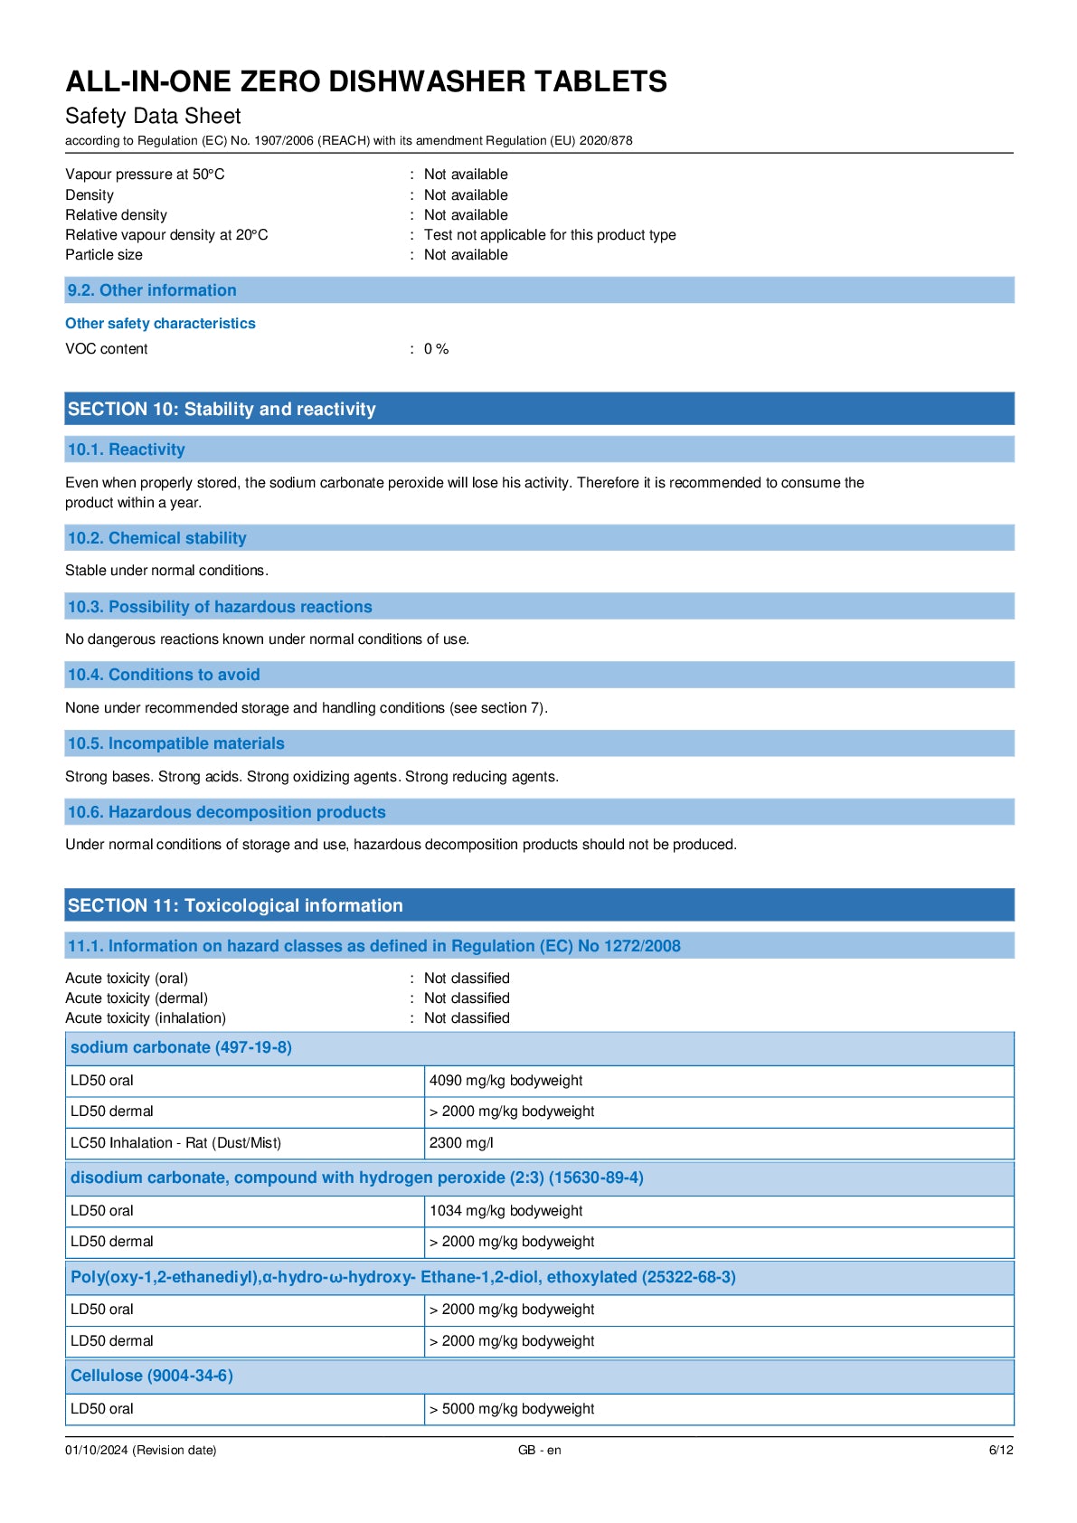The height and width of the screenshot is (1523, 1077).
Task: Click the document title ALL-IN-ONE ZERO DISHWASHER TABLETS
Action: click(365, 81)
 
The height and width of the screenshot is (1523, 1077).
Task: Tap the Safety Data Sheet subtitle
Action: click(153, 116)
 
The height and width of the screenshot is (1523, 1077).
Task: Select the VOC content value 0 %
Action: click(436, 349)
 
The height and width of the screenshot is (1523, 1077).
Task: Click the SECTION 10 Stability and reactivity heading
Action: click(222, 409)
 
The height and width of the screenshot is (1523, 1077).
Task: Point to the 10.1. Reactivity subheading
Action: click(126, 449)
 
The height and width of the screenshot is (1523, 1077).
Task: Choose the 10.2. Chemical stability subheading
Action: click(156, 538)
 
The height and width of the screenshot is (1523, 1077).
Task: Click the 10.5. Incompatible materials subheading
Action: click(175, 743)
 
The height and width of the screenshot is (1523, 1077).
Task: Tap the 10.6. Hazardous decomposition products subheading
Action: click(226, 812)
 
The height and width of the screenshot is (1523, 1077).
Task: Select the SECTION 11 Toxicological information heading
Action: click(235, 905)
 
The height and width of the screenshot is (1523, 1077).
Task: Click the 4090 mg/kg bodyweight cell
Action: click(505, 1081)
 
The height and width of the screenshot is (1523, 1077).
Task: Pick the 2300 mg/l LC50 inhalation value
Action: click(461, 1143)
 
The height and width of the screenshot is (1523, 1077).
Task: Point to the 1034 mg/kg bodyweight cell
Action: click(505, 1211)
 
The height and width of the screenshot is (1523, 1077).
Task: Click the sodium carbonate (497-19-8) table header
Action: click(181, 1047)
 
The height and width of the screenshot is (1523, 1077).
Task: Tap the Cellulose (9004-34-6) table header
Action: click(152, 1376)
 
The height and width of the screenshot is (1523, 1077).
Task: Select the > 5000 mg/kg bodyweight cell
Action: click(512, 1409)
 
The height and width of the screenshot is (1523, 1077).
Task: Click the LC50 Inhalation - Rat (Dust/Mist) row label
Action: click(175, 1143)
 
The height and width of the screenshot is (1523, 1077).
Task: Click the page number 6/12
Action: click(1000, 1451)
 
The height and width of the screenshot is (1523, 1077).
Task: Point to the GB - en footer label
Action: click(539, 1451)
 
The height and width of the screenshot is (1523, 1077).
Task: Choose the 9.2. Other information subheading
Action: click(152, 290)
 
